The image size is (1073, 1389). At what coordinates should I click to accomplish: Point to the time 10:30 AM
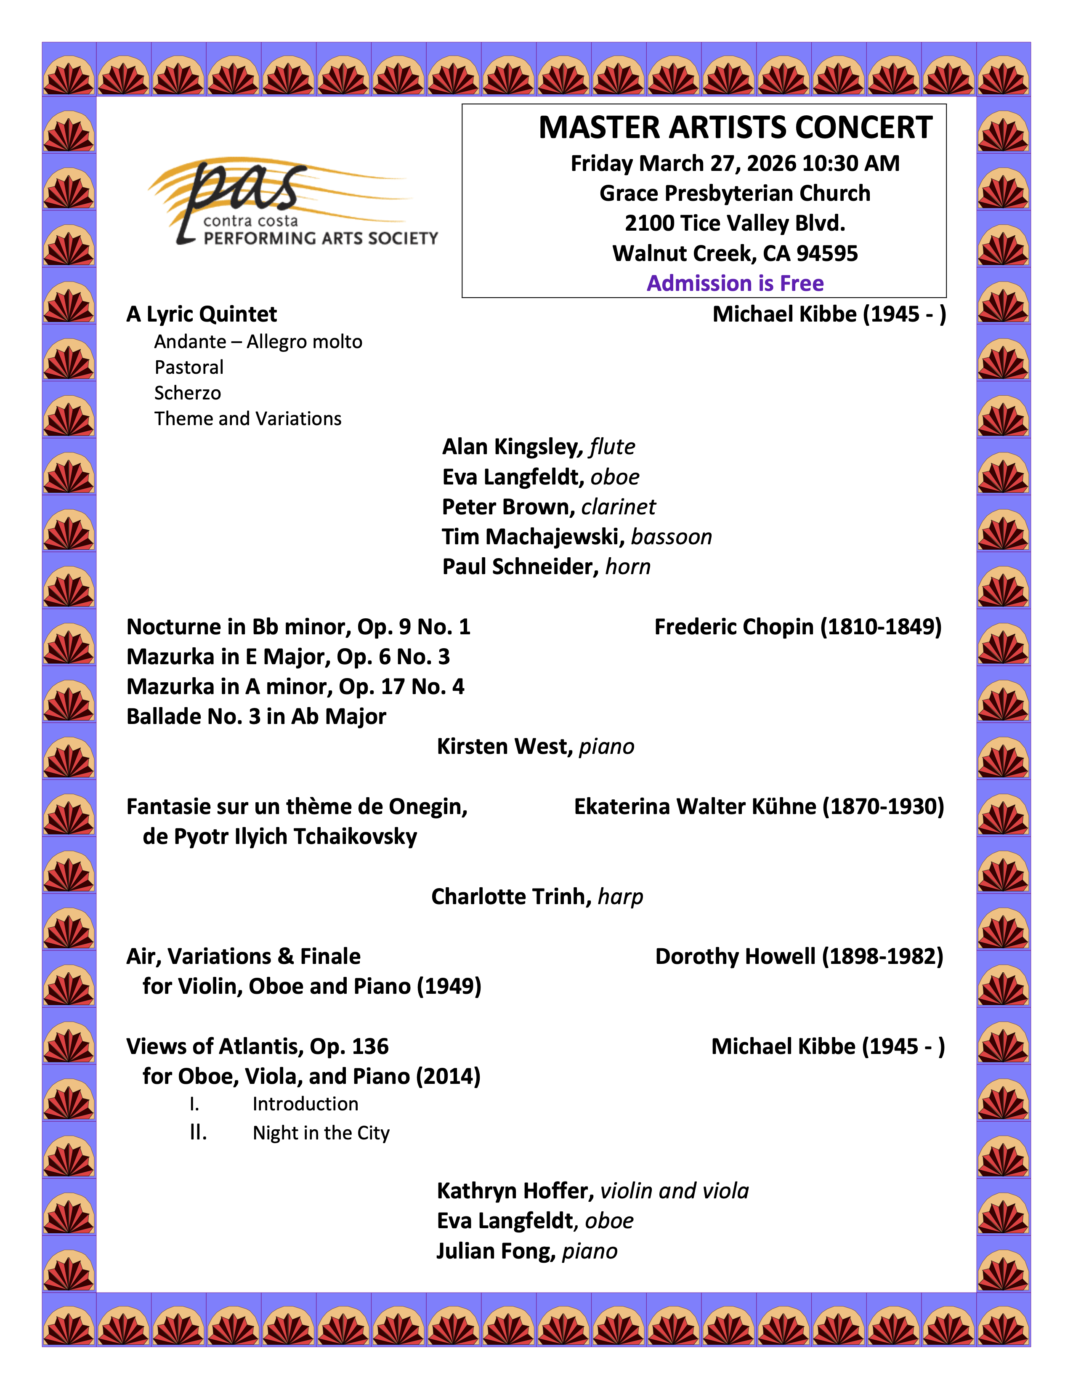(850, 163)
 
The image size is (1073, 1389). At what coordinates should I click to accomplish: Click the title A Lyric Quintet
(202, 314)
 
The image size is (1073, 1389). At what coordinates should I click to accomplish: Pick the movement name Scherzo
(188, 393)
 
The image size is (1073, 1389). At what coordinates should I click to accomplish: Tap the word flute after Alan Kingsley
(612, 447)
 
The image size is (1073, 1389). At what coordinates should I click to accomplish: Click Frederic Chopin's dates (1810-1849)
(880, 627)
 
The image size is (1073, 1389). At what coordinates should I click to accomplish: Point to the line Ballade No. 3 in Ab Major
(256, 717)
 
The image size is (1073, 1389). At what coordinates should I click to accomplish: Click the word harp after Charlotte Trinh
(620, 897)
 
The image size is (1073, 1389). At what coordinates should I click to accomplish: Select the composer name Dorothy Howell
(735, 957)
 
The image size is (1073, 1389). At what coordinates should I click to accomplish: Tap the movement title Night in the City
(321, 1134)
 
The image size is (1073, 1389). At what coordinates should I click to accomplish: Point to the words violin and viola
(675, 1191)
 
